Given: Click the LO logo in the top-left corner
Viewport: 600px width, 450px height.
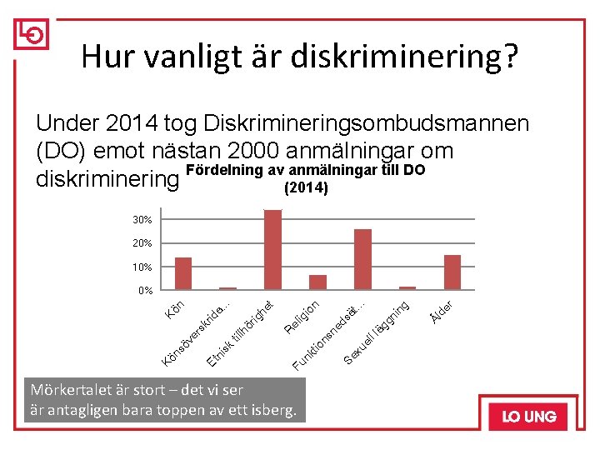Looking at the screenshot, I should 32,34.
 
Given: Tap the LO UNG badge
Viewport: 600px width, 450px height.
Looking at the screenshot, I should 528,417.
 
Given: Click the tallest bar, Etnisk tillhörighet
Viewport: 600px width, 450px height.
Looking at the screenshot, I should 272,249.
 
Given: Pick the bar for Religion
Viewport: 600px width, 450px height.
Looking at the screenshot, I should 317,282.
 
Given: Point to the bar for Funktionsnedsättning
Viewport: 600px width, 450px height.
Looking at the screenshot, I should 362,259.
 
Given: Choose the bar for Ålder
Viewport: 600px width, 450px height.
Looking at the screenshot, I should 452,272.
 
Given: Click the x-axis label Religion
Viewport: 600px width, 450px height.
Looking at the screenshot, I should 302,317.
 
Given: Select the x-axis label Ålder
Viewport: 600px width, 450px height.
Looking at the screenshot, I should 441,312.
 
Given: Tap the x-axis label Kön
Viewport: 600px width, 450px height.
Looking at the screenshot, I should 175,310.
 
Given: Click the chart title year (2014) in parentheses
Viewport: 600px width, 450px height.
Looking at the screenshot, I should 306,187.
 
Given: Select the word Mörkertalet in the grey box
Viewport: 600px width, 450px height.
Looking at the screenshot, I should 71,390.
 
